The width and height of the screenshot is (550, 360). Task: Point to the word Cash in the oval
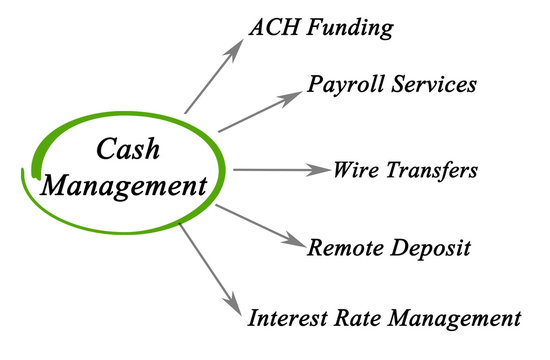pos(127,149)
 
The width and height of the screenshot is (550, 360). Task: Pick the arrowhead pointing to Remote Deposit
pos(294,241)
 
